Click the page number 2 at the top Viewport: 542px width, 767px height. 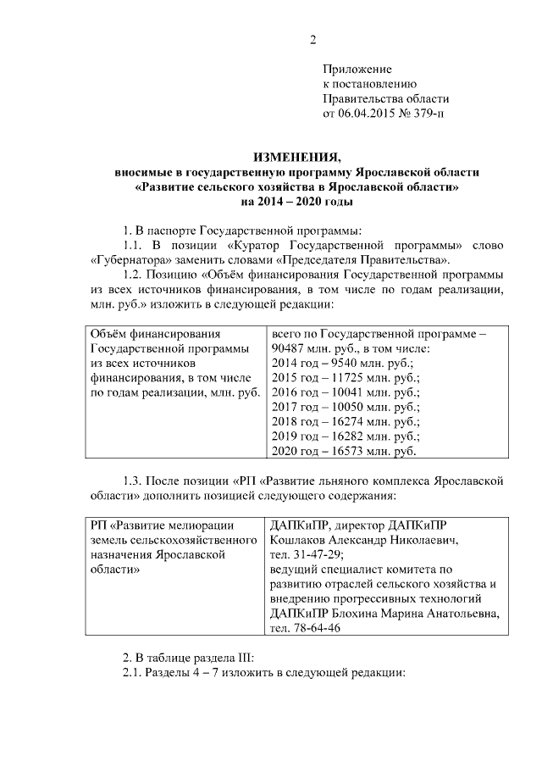pos(312,40)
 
